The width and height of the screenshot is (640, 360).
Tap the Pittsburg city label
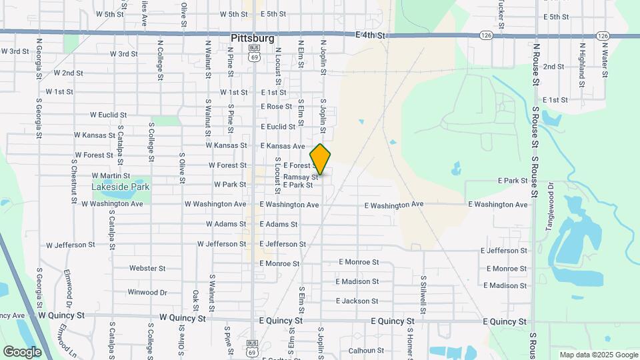(x=253, y=39)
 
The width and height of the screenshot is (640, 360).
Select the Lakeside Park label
(x=121, y=187)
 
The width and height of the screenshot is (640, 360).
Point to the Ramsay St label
(x=301, y=177)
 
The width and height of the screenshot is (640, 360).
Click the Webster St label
(x=147, y=269)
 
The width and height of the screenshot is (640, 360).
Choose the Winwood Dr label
(x=147, y=292)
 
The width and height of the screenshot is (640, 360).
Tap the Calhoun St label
(x=363, y=350)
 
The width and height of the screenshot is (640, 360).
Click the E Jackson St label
(x=358, y=301)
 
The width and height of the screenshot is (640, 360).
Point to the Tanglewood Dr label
(x=551, y=207)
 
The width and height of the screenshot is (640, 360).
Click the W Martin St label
(x=111, y=176)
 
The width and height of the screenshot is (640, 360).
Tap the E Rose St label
(x=276, y=107)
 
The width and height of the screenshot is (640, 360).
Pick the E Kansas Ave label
(x=283, y=146)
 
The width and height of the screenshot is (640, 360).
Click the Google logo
(x=22, y=351)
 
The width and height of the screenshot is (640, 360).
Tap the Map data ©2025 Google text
(x=598, y=355)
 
